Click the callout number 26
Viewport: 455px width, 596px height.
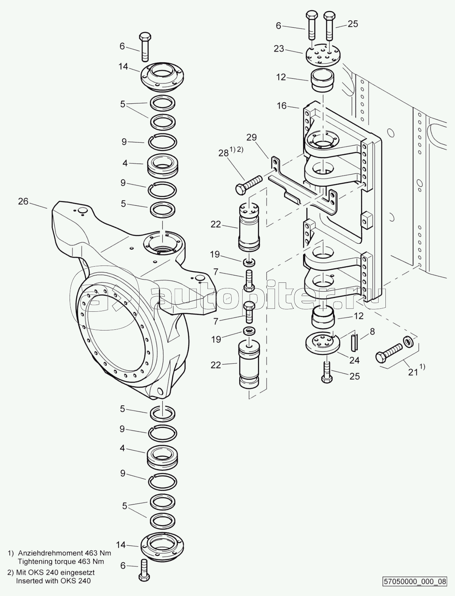point(23,201)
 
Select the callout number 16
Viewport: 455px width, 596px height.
point(282,106)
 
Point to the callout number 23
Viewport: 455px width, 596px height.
point(279,49)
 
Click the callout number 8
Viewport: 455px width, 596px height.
point(372,331)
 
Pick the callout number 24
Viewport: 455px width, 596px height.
point(355,360)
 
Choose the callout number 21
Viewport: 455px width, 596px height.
point(413,372)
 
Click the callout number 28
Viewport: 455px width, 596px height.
point(224,153)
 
